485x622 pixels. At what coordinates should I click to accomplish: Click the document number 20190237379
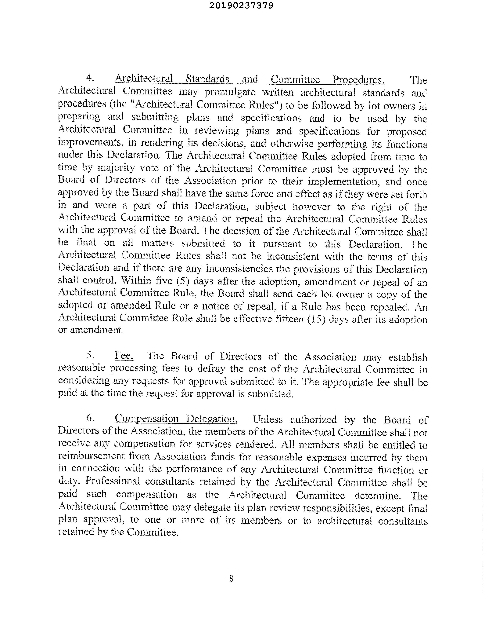coord(241,5)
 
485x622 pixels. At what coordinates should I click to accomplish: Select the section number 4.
coord(90,77)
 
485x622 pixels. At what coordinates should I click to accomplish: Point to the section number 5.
coord(90,355)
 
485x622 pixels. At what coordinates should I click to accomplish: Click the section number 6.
coord(90,418)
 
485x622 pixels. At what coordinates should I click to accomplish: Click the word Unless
coord(267,419)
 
